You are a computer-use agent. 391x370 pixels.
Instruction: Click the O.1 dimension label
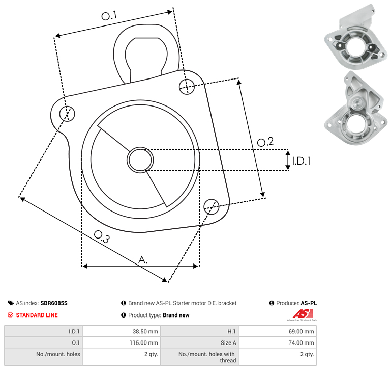pyautogui.click(x=109, y=15)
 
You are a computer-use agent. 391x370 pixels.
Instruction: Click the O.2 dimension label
pyautogui.click(x=265, y=142)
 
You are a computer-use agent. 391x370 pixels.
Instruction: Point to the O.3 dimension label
pyautogui.click(x=102, y=237)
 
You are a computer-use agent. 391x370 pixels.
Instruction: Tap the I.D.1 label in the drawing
pyautogui.click(x=302, y=161)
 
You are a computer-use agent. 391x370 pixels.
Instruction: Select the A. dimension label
pyautogui.click(x=143, y=260)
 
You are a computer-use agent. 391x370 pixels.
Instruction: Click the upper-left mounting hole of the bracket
pyautogui.click(x=67, y=114)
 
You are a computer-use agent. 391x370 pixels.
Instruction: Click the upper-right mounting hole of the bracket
pyautogui.click(x=187, y=87)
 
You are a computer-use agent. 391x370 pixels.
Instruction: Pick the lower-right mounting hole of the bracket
pyautogui.click(x=212, y=206)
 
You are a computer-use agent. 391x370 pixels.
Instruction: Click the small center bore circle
pyautogui.click(x=140, y=160)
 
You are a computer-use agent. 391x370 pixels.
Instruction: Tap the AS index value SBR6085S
pyautogui.click(x=54, y=303)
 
